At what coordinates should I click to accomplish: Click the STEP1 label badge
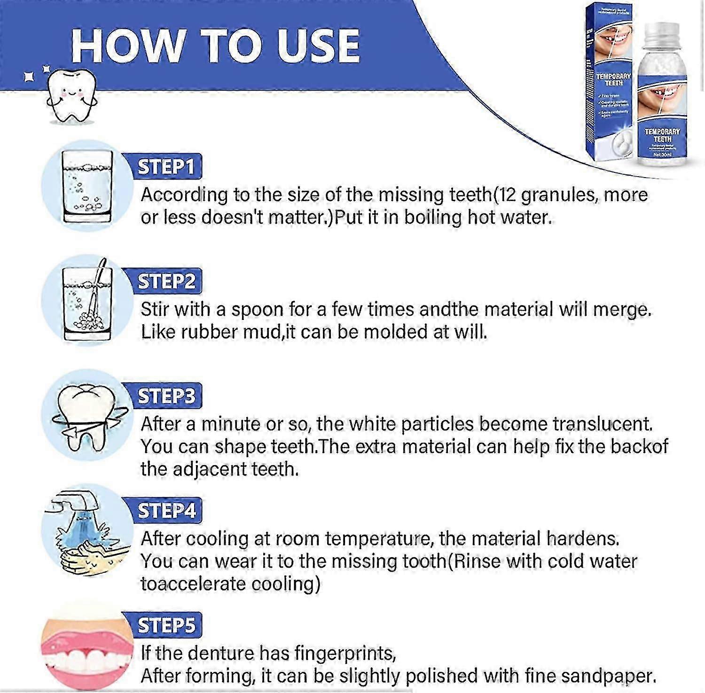pyautogui.click(x=165, y=167)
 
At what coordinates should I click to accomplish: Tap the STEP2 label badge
pyautogui.click(x=166, y=281)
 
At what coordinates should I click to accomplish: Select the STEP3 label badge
pyautogui.click(x=166, y=396)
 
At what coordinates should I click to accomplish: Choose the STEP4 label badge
pyautogui.click(x=166, y=511)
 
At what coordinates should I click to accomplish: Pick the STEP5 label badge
pyautogui.click(x=166, y=625)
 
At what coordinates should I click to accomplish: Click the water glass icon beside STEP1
pyautogui.click(x=87, y=187)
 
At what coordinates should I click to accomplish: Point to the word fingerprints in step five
pyautogui.click(x=345, y=654)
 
